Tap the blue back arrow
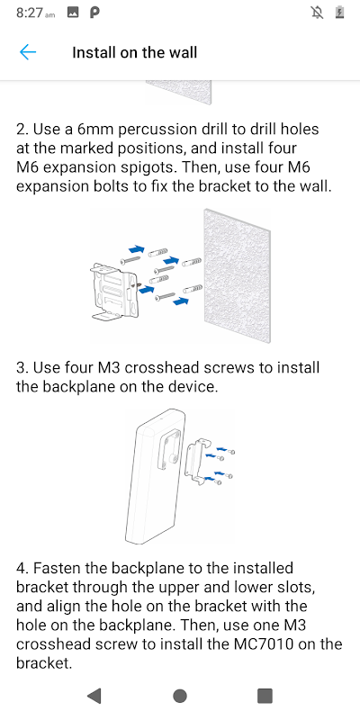click(x=28, y=52)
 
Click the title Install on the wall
click(x=134, y=52)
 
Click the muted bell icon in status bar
click(x=317, y=13)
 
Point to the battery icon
click(x=340, y=13)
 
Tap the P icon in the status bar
click(x=94, y=13)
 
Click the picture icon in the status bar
click(x=73, y=13)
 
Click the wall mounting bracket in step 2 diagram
click(x=115, y=291)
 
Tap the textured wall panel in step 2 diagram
click(x=237, y=275)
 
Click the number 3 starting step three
click(x=21, y=368)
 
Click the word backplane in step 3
click(x=78, y=387)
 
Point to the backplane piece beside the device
click(x=198, y=462)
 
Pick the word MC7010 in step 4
click(x=274, y=644)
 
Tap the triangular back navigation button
click(x=94, y=696)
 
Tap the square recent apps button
click(x=265, y=696)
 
